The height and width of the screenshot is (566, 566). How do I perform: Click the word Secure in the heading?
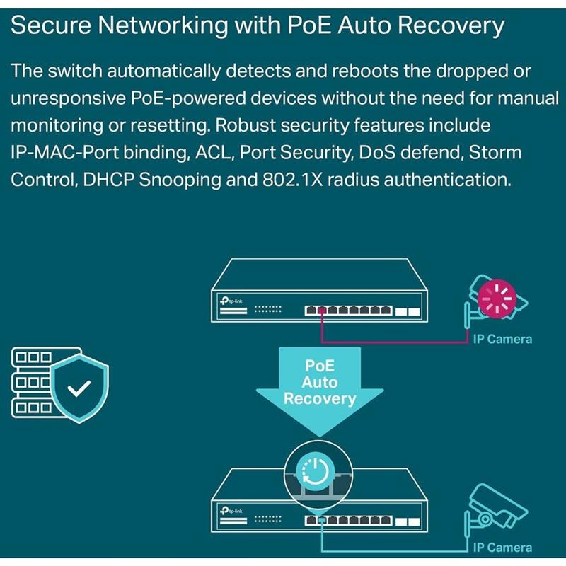tap(54, 26)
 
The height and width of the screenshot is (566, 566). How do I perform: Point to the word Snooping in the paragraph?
tap(183, 179)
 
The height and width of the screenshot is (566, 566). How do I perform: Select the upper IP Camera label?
tap(502, 340)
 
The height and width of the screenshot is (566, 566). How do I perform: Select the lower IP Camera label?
tap(502, 547)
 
